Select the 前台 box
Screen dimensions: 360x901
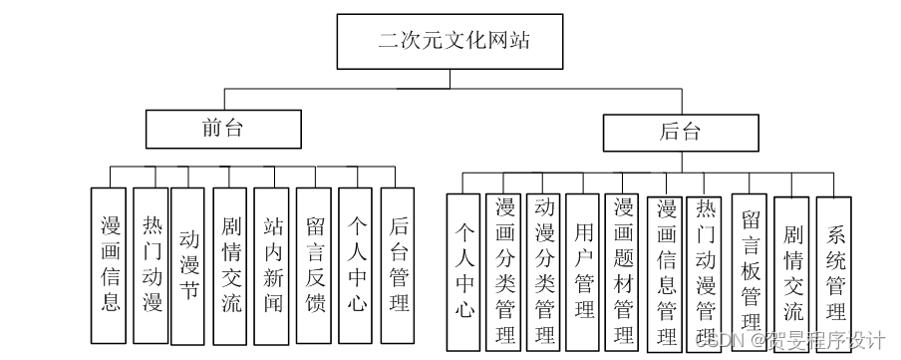coord(223,129)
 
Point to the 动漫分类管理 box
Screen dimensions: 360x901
coord(544,269)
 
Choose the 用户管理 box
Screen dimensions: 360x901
coord(583,269)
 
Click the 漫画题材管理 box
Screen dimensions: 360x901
coord(624,269)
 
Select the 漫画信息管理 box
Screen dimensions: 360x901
coord(665,269)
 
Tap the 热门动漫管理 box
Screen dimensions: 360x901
coord(706,269)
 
